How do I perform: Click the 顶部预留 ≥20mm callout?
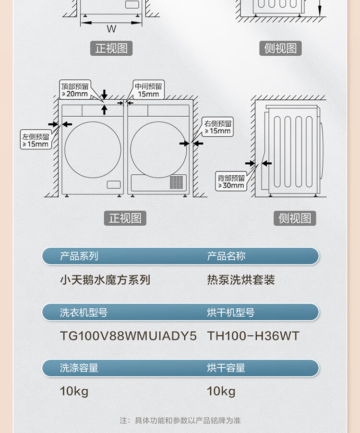pos(75,90)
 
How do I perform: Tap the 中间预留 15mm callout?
pos(148,90)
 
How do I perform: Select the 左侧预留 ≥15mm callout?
pos(36,140)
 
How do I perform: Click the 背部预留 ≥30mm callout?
pos(231,181)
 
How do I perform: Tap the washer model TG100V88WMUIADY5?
pos(128,336)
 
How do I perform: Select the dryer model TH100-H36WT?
pos(253,336)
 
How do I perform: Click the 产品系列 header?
pos(79,256)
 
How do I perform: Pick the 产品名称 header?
pos(226,256)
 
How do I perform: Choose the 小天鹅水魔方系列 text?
pos(105,280)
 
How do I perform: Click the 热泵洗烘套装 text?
pos(241,280)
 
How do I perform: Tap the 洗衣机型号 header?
pos(84,313)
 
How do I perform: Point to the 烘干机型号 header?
pos(231,313)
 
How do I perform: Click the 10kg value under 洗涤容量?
pos(74,391)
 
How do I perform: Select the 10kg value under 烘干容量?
pos(221,391)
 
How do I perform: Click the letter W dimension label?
pos(111,29)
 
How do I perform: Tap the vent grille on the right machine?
pos(177,182)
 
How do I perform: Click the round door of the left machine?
pos(93,149)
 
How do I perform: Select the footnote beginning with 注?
pos(180,421)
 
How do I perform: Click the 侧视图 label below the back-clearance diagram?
pos(295,218)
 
